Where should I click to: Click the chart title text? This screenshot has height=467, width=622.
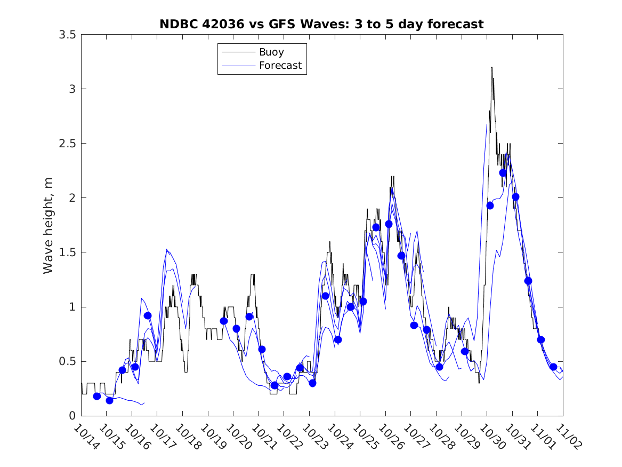point(321,24)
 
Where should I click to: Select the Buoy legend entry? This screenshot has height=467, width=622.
point(271,52)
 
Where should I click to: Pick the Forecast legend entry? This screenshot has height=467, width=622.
point(280,66)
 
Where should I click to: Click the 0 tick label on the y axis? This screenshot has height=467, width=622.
point(72,416)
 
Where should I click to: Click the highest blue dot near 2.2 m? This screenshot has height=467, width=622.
point(503,173)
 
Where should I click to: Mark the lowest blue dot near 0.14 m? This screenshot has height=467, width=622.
point(110,400)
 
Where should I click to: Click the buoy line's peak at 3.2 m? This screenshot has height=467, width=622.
point(491,68)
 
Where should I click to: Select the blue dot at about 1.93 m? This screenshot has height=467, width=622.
point(490,205)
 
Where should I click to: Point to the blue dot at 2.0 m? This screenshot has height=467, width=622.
point(515,197)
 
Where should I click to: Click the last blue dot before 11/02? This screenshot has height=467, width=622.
point(553,367)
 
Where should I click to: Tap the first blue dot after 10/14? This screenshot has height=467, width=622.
point(97,396)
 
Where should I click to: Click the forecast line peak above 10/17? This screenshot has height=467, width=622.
point(167,249)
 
